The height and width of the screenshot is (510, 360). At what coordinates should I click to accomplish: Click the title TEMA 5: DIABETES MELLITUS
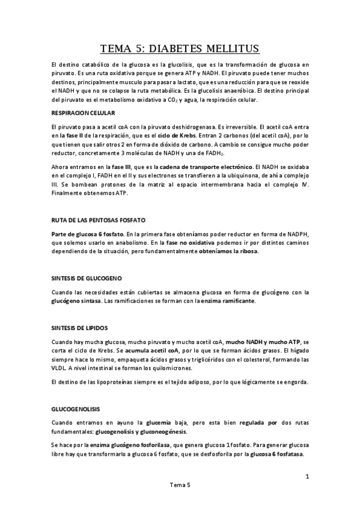[x=180, y=49]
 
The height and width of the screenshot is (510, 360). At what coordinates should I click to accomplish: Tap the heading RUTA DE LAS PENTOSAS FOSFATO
[x=99, y=221]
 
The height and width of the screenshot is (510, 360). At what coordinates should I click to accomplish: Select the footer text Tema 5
[x=180, y=485]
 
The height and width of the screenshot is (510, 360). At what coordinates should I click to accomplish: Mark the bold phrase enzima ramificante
[x=227, y=301]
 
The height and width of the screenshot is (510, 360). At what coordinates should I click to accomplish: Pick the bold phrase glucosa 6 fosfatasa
[x=278, y=455]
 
